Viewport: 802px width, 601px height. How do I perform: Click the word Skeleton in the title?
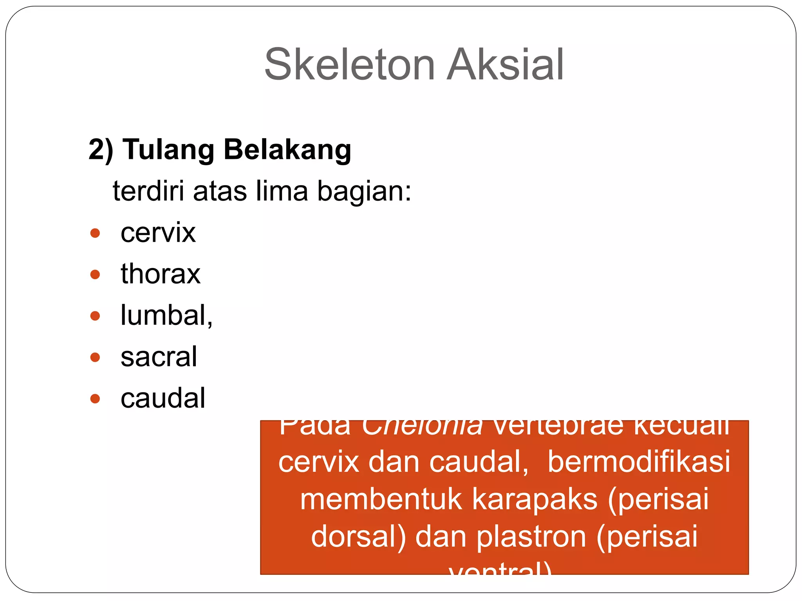click(349, 65)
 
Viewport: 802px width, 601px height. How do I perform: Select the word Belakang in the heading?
click(287, 150)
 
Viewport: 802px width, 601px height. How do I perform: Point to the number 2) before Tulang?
click(101, 150)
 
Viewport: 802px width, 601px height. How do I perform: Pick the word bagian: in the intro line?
click(364, 191)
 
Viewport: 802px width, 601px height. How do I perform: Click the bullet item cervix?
click(158, 233)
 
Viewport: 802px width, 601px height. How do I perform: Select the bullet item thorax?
click(161, 274)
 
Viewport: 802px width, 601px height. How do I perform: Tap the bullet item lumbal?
click(166, 315)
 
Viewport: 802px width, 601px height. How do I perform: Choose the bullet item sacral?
click(159, 357)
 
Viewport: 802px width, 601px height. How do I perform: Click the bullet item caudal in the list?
click(163, 398)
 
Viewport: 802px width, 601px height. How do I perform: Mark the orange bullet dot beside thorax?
click(95, 274)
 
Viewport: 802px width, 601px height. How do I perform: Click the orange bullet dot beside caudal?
click(95, 399)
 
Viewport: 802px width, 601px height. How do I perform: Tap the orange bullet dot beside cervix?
click(95, 233)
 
